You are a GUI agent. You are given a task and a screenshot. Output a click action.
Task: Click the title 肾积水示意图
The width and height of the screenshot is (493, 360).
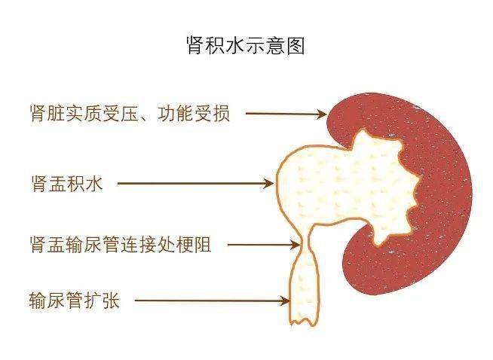point(246,45)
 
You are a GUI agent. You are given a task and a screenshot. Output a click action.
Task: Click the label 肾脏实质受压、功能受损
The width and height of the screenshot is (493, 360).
point(130,113)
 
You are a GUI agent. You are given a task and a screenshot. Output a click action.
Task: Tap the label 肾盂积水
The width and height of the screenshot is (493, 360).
point(67,184)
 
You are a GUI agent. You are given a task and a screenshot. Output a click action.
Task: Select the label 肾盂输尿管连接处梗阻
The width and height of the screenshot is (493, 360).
point(121,245)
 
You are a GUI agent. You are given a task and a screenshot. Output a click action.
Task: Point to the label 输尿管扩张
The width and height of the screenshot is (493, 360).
point(74,300)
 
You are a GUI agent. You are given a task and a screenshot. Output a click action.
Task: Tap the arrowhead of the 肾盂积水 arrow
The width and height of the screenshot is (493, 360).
point(269,184)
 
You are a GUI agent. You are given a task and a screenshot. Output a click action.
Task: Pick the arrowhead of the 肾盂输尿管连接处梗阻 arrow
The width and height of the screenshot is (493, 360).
point(295,245)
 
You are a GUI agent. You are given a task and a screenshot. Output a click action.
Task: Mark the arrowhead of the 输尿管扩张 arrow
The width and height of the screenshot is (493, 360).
point(286,301)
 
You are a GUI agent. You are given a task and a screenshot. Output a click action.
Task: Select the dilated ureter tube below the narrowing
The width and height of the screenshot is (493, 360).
point(305,286)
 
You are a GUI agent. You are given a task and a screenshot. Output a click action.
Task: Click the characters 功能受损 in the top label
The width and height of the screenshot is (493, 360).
point(194,113)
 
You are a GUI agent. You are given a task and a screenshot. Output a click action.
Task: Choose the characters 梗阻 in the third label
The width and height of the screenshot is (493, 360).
point(194,245)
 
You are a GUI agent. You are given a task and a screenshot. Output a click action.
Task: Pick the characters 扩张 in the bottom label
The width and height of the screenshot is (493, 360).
point(102,300)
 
